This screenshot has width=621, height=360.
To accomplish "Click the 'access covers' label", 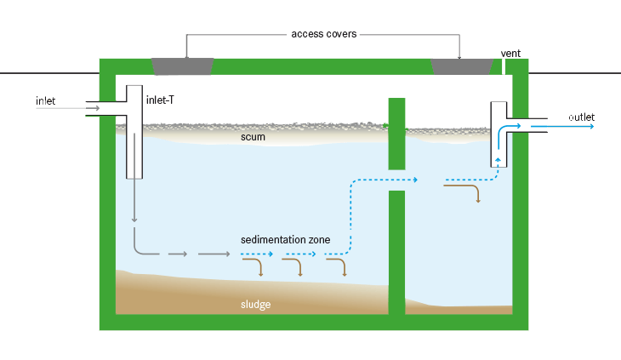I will [323, 34].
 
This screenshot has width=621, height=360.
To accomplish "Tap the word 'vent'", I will [510, 54].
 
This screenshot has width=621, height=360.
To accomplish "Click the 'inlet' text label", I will [45, 101].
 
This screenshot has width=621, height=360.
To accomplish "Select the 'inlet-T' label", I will [162, 100].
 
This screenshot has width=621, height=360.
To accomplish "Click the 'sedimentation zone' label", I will [285, 240].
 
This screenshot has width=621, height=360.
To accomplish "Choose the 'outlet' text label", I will [582, 117].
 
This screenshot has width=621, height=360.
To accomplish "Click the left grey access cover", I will [182, 66].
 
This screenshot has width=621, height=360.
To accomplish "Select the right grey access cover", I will [462, 66].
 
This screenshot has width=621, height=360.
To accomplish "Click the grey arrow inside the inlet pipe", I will [94, 108].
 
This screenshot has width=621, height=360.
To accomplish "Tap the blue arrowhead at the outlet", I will [589, 126].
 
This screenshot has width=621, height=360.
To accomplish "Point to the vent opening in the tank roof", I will [510, 66].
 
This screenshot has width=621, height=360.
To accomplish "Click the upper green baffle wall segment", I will [396, 134].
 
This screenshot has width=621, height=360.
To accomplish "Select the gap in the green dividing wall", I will [396, 180].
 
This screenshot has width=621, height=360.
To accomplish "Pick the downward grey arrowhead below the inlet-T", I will [134, 220].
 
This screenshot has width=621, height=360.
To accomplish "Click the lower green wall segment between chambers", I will [396, 251].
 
